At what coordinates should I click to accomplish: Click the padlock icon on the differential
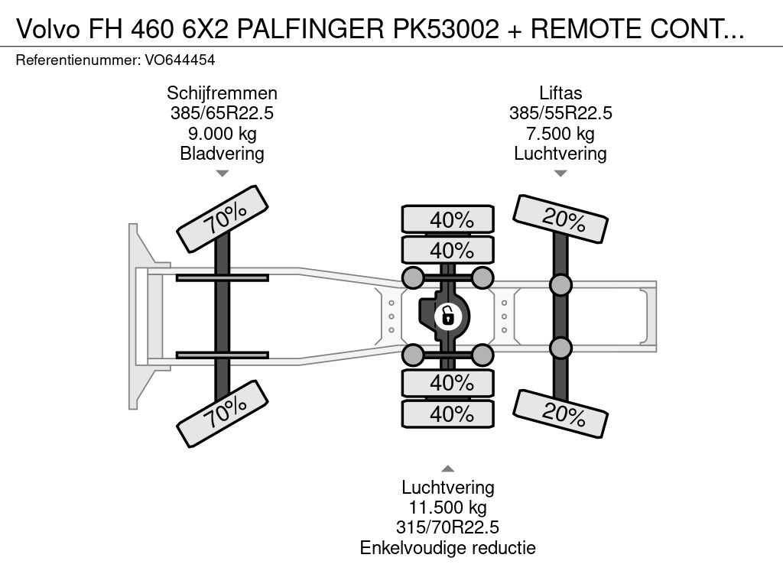tap(447, 316)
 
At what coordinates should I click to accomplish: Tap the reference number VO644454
tap(180, 60)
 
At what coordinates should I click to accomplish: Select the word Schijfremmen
tap(222, 93)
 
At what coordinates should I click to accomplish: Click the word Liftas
tap(560, 93)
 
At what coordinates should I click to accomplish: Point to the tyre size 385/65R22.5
tap(222, 113)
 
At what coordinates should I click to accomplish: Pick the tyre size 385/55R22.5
tap(560, 113)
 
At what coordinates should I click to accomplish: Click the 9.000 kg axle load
tap(222, 133)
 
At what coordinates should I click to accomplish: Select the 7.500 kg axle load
tap(560, 133)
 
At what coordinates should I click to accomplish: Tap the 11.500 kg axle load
tap(447, 508)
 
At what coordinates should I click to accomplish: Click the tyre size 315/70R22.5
tap(447, 527)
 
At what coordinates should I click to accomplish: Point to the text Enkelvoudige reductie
tap(447, 547)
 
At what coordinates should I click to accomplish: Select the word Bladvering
tap(222, 153)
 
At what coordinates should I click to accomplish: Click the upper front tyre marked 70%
tap(223, 219)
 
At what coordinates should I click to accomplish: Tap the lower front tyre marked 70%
tap(223, 413)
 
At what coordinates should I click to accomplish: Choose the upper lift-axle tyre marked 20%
tap(560, 219)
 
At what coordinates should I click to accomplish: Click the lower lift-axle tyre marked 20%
tap(560, 413)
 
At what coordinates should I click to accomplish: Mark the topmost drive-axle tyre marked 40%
tap(448, 219)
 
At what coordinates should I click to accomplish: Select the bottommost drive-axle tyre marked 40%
tap(448, 413)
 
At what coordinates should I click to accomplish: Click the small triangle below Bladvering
tap(222, 174)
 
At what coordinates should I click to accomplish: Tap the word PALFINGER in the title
tap(310, 29)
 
